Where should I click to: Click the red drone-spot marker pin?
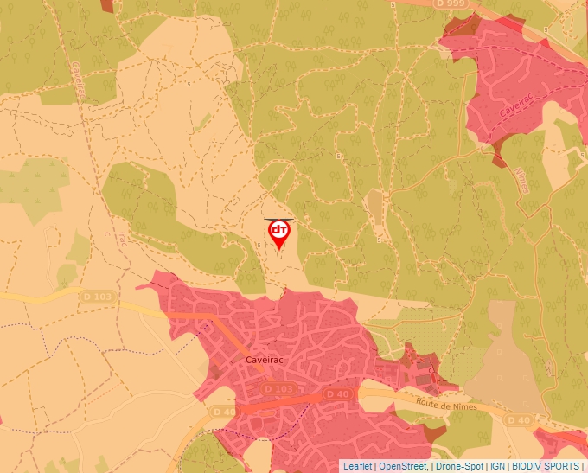coord(279,233)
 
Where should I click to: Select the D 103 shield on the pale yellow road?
coord(98,297)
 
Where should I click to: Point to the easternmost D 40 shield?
coord(519,420)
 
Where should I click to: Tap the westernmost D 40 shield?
coord(223,412)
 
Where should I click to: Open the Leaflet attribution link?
coord(358,466)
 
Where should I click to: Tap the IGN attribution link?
coord(498,466)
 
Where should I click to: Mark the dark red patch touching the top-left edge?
coord(106,4)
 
